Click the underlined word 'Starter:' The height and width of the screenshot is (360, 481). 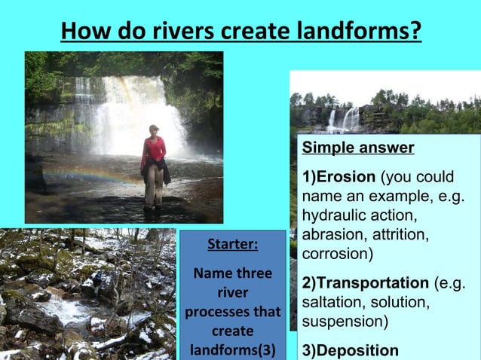pyautogui.click(x=232, y=245)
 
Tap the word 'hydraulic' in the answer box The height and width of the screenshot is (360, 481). pyautogui.click(x=329, y=216)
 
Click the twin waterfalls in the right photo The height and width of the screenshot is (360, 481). pyautogui.click(x=343, y=119)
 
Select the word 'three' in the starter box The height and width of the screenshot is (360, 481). pyautogui.click(x=253, y=273)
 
